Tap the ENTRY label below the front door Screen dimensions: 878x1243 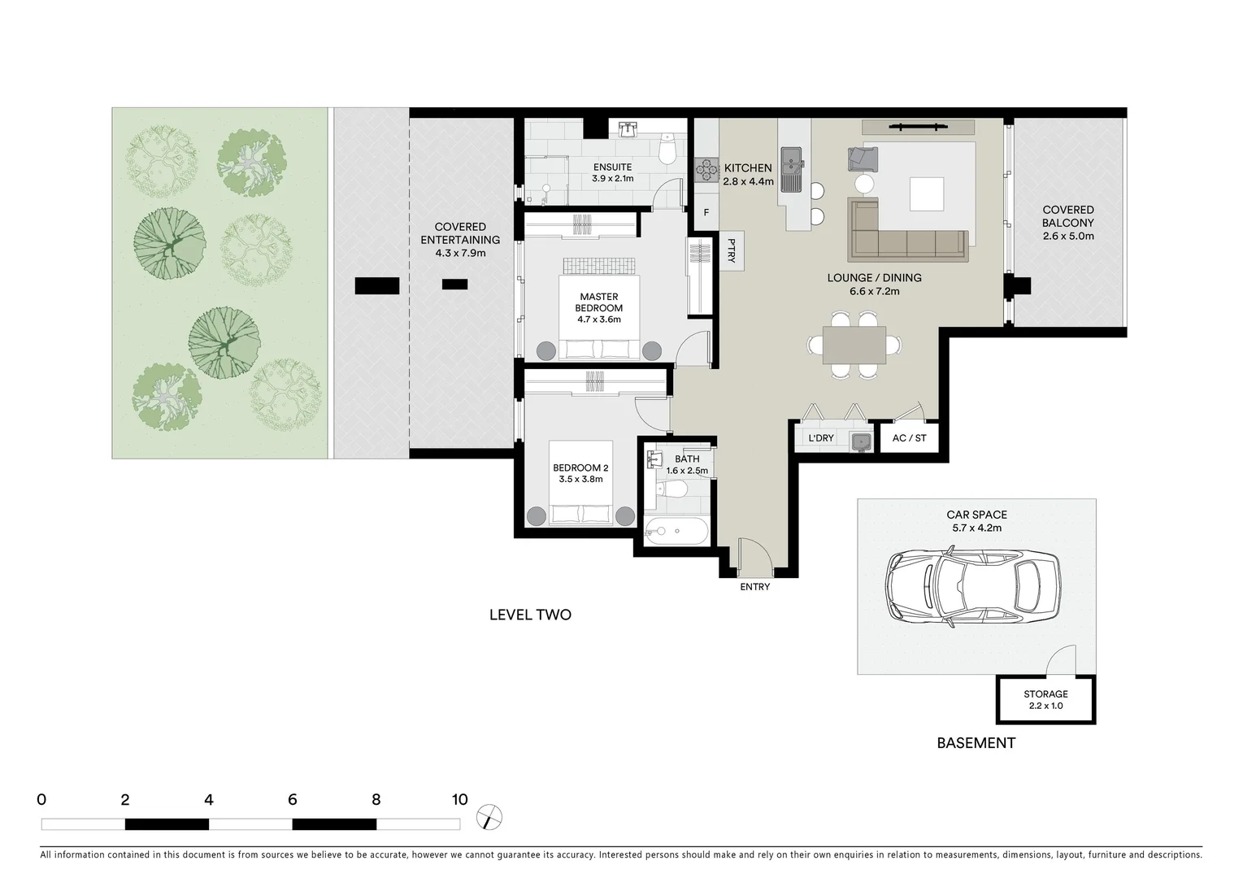click(x=754, y=587)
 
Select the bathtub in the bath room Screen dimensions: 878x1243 click(x=676, y=532)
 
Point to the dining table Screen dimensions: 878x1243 click(x=854, y=345)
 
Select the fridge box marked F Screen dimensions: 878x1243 click(x=706, y=213)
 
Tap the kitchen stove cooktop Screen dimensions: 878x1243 click(x=706, y=169)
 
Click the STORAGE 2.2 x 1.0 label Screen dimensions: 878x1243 click(x=1045, y=700)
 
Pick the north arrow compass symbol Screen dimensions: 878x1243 click(x=490, y=817)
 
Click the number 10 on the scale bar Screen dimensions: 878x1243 click(x=459, y=800)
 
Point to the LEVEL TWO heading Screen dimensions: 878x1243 click(x=530, y=615)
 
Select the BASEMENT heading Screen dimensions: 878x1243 click(x=976, y=742)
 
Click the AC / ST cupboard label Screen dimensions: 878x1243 click(x=909, y=438)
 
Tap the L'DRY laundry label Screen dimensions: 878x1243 click(x=820, y=438)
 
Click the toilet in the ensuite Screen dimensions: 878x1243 click(x=667, y=150)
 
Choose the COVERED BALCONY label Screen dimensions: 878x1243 click(x=1068, y=223)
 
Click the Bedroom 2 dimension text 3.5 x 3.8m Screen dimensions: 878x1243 click(x=580, y=480)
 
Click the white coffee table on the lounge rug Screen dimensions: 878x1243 click(x=927, y=194)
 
